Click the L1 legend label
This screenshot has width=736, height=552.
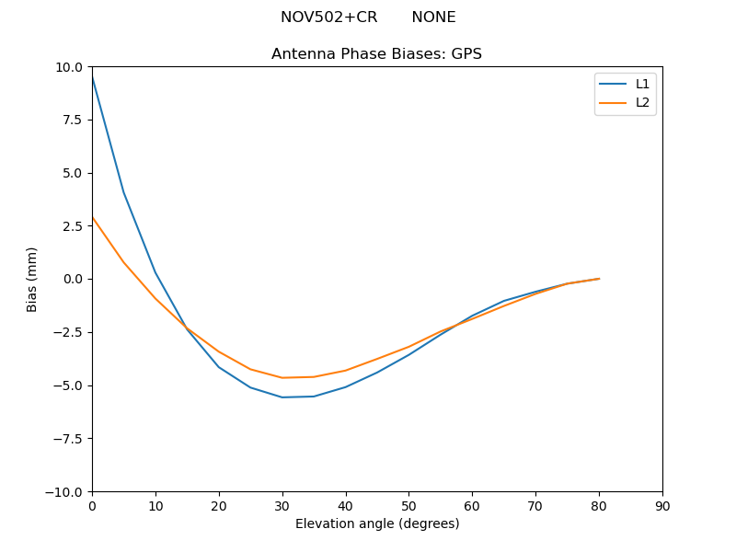(x=642, y=84)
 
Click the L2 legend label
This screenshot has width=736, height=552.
(x=642, y=102)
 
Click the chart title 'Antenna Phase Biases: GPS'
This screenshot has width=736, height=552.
(x=376, y=54)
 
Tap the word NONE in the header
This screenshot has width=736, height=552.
(x=433, y=17)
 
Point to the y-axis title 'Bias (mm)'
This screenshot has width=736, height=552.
(x=32, y=279)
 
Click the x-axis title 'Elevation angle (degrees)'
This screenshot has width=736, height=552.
(x=377, y=523)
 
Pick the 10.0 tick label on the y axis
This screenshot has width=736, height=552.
(x=71, y=67)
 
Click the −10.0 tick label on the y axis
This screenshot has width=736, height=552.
(x=66, y=491)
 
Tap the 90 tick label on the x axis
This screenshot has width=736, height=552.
(x=662, y=505)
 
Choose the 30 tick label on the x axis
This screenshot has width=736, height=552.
(x=282, y=505)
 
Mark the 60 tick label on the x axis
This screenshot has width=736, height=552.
(x=472, y=505)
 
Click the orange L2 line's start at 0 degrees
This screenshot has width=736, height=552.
(x=93, y=218)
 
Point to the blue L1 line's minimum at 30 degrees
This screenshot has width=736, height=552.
(x=282, y=397)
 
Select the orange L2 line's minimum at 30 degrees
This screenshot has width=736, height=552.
(x=282, y=377)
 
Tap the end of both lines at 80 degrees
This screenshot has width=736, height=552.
(x=599, y=279)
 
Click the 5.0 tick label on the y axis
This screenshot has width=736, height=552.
(x=74, y=173)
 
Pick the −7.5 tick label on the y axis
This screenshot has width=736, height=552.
(x=70, y=438)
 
